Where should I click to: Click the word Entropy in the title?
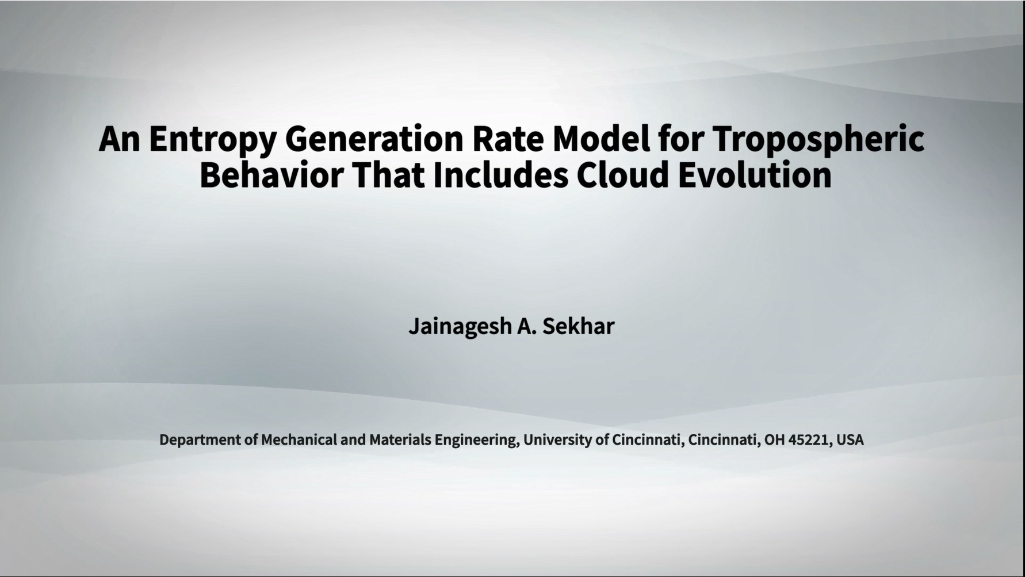click(213, 140)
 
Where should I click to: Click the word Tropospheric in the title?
click(818, 140)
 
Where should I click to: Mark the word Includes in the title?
click(500, 174)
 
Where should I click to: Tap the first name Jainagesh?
click(460, 327)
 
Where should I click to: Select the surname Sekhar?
click(579, 326)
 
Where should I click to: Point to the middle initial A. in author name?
click(527, 326)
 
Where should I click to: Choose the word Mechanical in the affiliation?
click(299, 440)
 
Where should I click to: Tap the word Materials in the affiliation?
click(400, 440)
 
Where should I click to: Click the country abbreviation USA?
click(850, 440)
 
